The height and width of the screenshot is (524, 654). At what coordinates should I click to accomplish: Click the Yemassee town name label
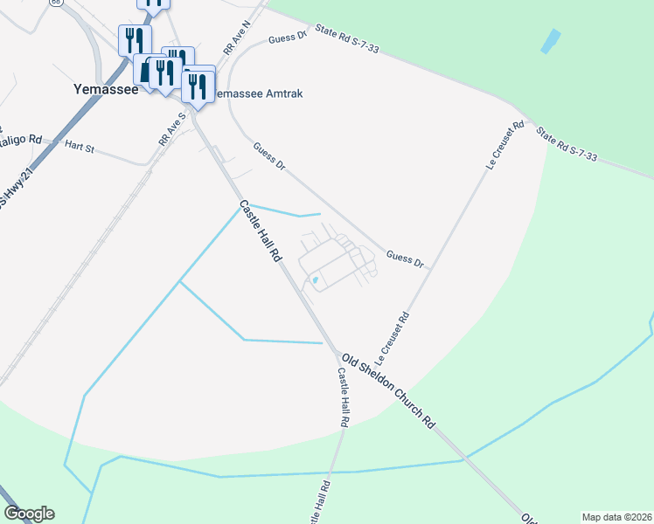point(105,89)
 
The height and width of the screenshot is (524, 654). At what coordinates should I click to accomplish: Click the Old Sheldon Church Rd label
point(388,390)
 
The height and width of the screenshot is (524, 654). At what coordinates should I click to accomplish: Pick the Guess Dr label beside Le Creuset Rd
point(405,259)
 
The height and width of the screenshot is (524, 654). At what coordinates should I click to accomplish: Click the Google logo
point(29,514)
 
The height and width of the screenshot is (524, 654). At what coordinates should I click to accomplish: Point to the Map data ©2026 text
point(616,516)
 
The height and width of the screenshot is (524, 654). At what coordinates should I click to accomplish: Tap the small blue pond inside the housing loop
point(315,279)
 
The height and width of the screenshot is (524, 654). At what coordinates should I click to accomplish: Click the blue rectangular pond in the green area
point(551,41)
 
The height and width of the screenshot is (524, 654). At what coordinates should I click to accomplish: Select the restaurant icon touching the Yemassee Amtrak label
point(198,86)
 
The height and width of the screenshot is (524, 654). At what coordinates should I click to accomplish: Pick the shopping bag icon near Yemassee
point(145,70)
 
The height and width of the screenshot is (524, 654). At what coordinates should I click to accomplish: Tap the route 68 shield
point(55,3)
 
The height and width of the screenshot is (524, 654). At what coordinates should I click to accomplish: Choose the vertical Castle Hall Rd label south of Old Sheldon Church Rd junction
point(344,396)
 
